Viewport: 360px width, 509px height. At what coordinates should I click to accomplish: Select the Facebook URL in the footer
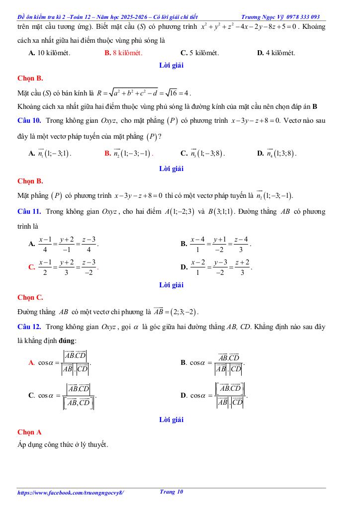71,493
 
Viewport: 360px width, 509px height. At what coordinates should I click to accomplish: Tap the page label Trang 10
172,492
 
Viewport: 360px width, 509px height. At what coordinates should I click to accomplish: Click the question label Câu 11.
29,211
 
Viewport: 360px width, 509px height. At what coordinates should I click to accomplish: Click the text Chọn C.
30,297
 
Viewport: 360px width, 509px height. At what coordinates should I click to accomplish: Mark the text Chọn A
29,432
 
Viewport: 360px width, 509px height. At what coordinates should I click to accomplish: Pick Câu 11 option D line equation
221,267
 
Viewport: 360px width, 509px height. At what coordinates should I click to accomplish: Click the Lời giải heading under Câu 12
172,420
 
